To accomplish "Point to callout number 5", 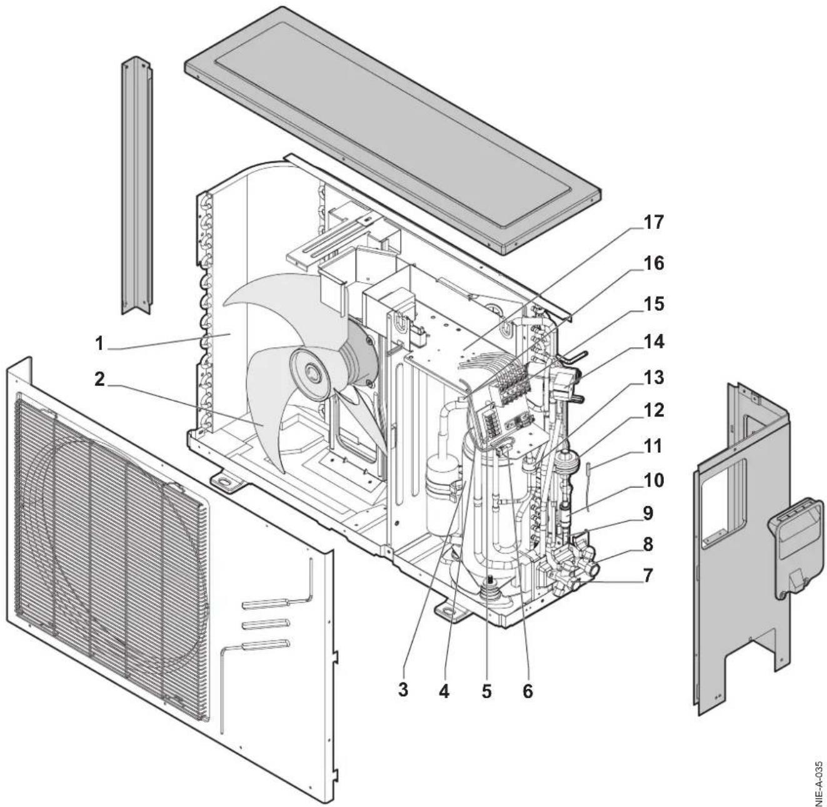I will (486, 691).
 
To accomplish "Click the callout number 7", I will (648, 574).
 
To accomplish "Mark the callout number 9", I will (648, 513).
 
